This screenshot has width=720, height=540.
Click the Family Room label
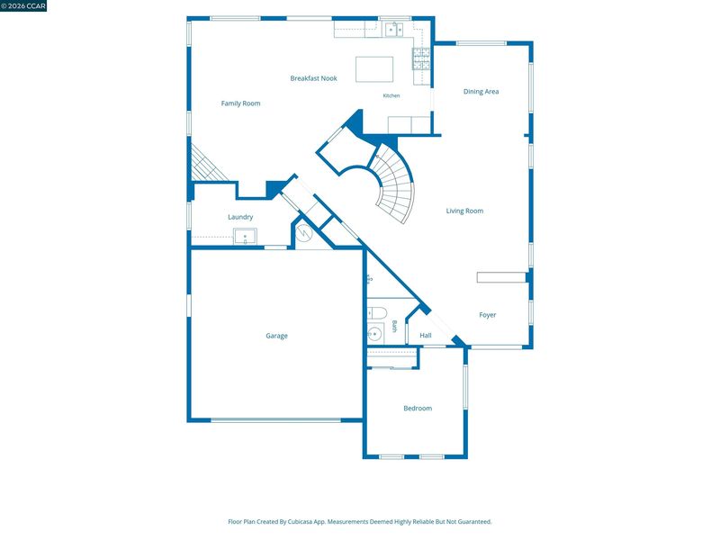[240, 103]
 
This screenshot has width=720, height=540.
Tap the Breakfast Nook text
[313, 78]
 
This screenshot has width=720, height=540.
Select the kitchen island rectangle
[374, 69]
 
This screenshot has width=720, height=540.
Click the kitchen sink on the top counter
[393, 29]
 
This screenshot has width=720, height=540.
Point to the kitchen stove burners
[421, 58]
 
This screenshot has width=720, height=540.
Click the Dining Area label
[481, 92]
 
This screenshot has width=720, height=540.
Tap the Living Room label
[464, 211]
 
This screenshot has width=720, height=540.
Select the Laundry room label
[240, 217]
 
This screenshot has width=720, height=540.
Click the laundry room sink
[245, 237]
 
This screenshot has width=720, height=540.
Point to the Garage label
[276, 336]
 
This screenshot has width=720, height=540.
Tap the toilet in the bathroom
[377, 313]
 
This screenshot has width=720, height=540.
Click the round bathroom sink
[374, 334]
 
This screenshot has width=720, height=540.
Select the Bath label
[394, 327]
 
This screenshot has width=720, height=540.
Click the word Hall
[426, 336]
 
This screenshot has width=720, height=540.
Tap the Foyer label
[488, 315]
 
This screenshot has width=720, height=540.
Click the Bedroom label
[418, 409]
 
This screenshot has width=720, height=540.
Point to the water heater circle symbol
[304, 233]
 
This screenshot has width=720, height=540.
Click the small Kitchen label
[391, 95]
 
